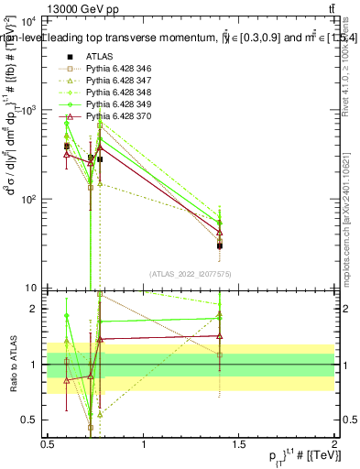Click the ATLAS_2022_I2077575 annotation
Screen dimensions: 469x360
tap(191, 273)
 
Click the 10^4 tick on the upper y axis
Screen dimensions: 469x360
tap(27, 20)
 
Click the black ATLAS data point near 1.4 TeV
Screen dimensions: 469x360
tap(220, 245)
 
